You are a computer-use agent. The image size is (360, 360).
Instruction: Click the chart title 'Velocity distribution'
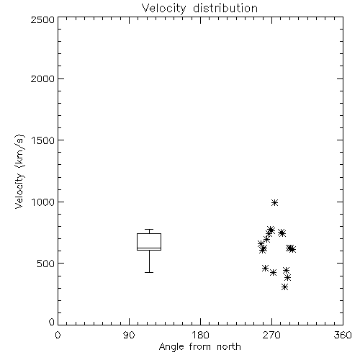pos(199,9)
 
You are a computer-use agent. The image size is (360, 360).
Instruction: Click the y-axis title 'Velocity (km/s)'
pos(19,171)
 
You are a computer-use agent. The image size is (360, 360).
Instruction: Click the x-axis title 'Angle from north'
pos(199,347)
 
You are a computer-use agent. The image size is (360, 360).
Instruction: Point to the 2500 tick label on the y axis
pos(42,19)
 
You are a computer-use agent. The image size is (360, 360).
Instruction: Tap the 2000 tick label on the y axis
pos(42,78)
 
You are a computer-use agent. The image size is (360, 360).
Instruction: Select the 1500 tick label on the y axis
pos(43,140)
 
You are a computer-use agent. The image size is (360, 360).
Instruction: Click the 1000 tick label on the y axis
pos(43,202)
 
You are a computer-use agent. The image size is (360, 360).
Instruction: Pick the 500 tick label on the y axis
pos(46,264)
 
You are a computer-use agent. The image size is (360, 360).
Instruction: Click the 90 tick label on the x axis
pos(129,335)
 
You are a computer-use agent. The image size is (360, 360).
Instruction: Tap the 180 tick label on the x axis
pos(199,335)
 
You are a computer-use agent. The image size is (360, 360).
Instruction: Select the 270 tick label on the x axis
pos(271,335)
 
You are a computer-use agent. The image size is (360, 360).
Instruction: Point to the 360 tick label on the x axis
pos(343,335)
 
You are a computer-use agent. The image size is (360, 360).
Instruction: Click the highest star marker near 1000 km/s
pos(275,203)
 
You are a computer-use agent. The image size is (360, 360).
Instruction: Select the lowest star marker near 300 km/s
pos(284,287)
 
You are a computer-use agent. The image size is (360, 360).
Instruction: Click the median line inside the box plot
pos(149,248)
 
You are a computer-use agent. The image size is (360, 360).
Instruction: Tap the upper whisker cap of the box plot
pos(149,230)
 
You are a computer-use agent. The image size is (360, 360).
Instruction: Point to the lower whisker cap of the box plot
pos(149,272)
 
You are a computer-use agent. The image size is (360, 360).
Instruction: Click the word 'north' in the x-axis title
pos(229,347)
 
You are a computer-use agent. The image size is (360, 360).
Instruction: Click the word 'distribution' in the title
pos(225,9)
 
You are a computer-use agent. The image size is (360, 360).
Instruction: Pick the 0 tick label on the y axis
pos(52,322)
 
